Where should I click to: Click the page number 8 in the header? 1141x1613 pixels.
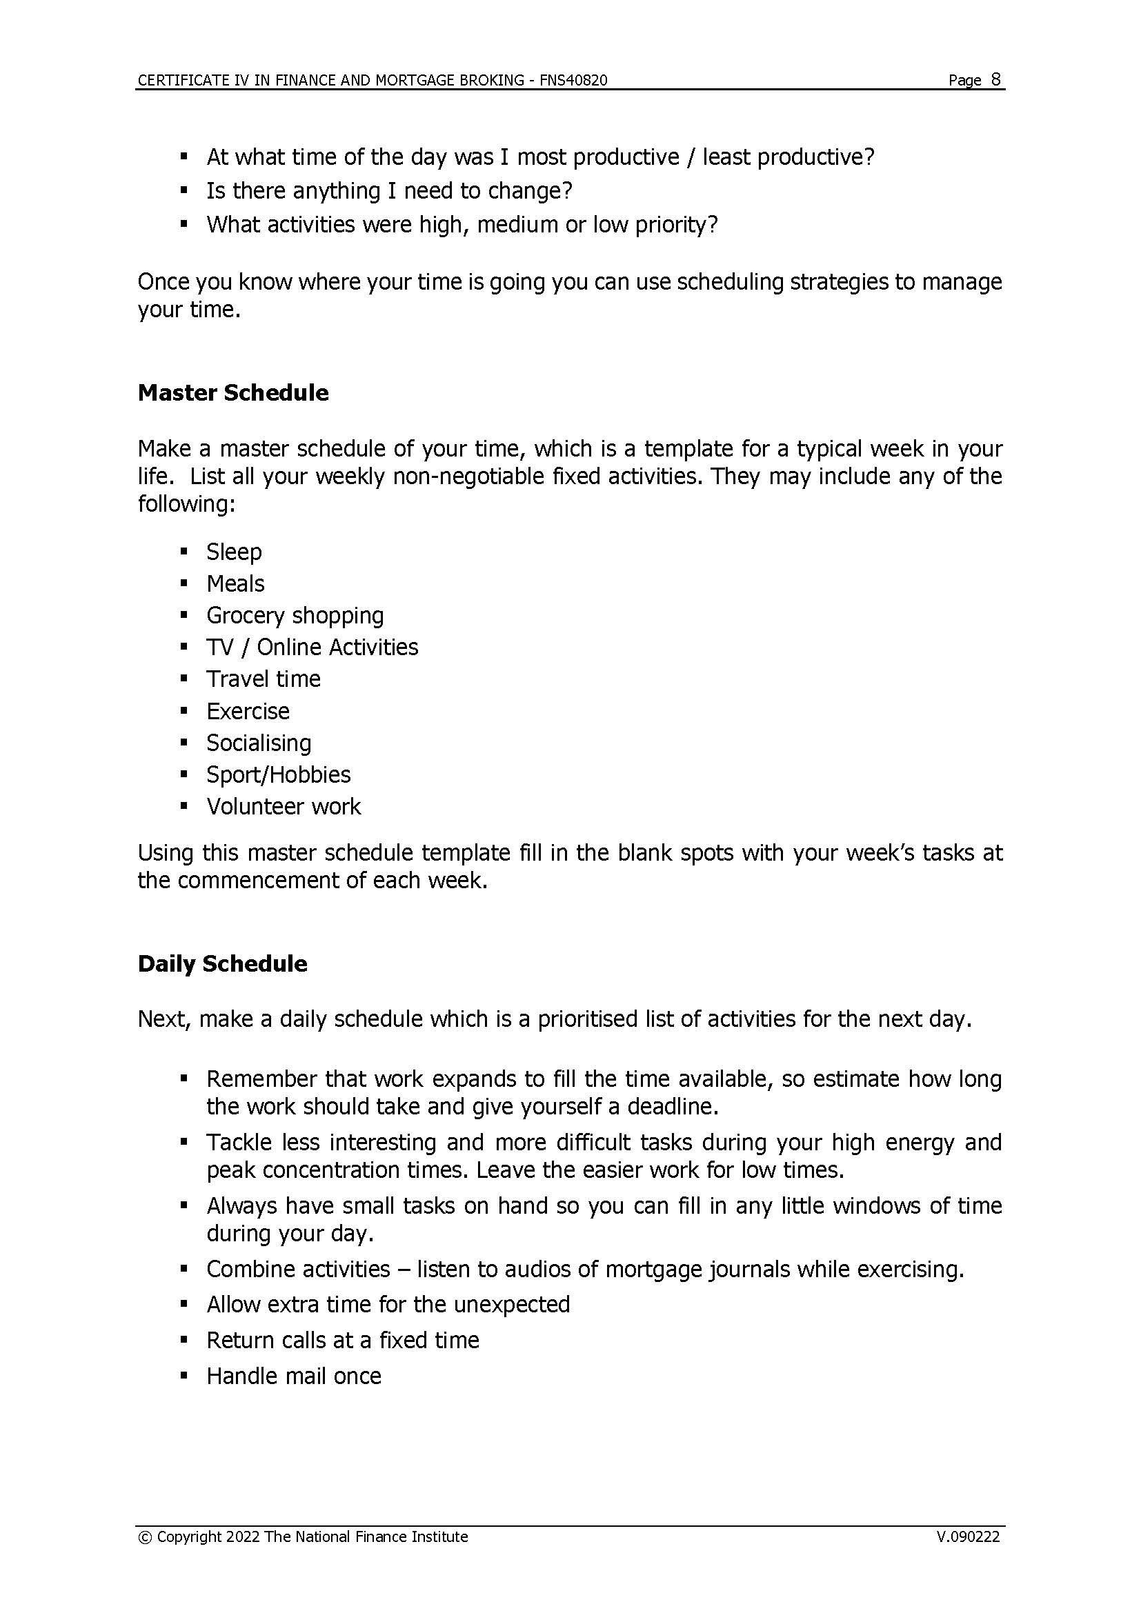click(x=995, y=79)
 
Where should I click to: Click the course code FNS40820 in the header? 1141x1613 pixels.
click(x=573, y=80)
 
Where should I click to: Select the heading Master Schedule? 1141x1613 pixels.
click(x=232, y=392)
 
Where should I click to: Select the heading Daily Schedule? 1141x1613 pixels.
click(x=222, y=963)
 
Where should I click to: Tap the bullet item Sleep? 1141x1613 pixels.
click(x=234, y=552)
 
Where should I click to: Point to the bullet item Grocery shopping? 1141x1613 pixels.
click(x=295, y=615)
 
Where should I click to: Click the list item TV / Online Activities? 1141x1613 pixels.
click(x=312, y=647)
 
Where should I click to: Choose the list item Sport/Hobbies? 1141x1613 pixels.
click(x=278, y=774)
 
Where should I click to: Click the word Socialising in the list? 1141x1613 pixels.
click(x=259, y=743)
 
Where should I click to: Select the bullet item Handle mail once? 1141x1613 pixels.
click(x=294, y=1376)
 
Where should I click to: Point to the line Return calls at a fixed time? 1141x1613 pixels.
click(x=342, y=1340)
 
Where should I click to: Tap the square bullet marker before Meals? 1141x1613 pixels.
click(x=184, y=583)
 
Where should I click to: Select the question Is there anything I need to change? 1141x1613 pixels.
click(x=389, y=190)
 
